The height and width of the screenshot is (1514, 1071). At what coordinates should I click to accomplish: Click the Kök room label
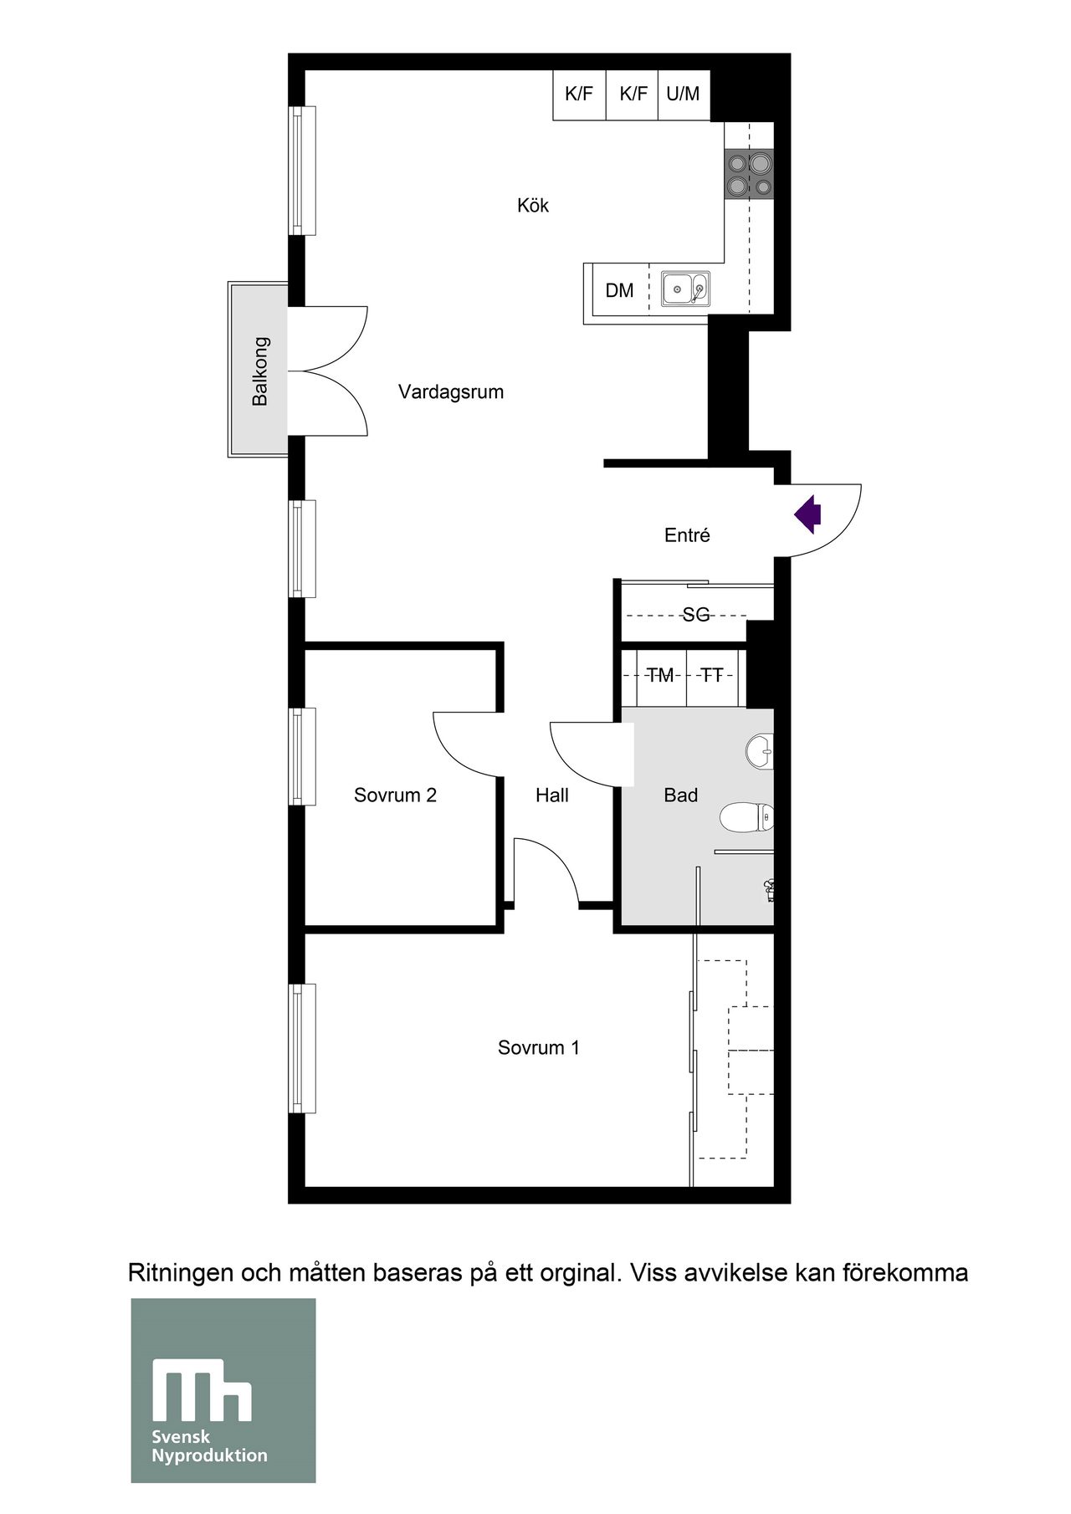[533, 206]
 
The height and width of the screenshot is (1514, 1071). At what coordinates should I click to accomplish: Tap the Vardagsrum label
[450, 392]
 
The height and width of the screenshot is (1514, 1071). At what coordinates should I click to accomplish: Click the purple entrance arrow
[808, 514]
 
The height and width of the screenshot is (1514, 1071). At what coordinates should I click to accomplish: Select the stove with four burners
[748, 174]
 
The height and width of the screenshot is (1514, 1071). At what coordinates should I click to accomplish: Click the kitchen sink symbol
[685, 289]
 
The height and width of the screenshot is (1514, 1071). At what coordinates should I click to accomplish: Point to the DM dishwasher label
[619, 291]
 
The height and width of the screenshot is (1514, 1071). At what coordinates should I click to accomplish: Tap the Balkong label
[260, 371]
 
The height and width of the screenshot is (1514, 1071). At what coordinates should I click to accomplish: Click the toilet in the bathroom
[747, 817]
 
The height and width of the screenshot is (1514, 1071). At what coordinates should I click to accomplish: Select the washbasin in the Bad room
[761, 750]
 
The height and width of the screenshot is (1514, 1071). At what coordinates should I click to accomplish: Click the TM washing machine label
[660, 676]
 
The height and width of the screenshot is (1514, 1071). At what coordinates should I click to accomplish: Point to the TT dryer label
[712, 676]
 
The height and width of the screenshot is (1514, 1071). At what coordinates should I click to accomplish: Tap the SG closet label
[695, 616]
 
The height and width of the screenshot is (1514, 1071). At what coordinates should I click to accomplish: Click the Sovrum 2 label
[395, 795]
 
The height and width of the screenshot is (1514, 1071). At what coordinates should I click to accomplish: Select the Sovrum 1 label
[538, 1048]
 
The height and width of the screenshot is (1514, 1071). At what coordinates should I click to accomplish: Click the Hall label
[552, 795]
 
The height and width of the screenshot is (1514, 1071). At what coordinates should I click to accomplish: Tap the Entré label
[687, 535]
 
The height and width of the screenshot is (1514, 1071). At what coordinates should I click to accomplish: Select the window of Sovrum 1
[302, 1049]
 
